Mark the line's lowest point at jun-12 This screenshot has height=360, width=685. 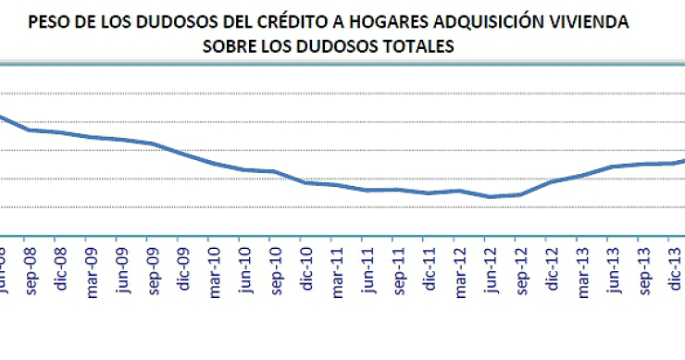pos(488,196)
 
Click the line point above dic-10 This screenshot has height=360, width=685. pos(305,182)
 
